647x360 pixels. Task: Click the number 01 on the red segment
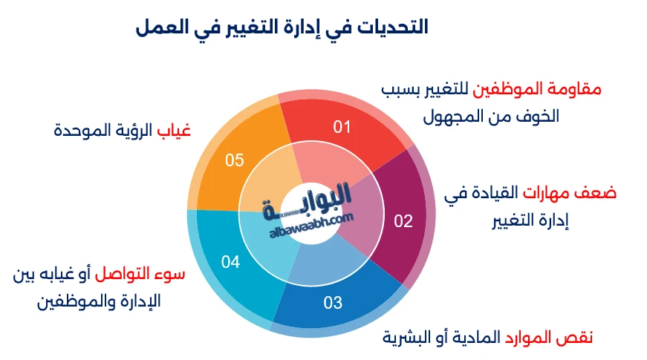click(x=341, y=127)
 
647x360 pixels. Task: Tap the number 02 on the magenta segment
click(x=403, y=220)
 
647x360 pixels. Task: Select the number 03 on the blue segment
click(x=333, y=302)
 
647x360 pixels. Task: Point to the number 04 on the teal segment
click(x=230, y=261)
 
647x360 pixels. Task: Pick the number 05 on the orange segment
click(x=235, y=160)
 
